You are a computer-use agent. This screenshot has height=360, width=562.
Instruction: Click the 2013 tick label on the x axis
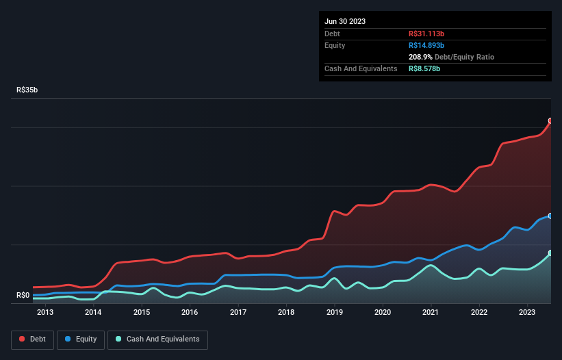pos(45,313)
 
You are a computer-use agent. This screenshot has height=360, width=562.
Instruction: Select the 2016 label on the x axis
pos(190,313)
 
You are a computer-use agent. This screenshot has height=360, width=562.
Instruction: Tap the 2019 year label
pos(335,313)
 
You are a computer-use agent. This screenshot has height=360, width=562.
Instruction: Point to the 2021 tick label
pos(431,313)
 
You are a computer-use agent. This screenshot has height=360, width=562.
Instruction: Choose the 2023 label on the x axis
pos(527,313)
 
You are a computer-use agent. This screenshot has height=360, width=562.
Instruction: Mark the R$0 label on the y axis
pos(23,296)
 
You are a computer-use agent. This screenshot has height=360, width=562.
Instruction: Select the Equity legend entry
pos(81,339)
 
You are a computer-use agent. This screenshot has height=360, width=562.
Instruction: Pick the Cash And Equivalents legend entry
pos(157,339)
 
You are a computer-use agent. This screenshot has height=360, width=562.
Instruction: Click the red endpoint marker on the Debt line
pos(550,121)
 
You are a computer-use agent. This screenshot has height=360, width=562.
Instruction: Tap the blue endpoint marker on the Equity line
pos(550,216)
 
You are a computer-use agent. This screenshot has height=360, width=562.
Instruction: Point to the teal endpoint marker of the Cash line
pos(550,253)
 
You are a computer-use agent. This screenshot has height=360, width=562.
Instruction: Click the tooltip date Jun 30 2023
pos(345,21)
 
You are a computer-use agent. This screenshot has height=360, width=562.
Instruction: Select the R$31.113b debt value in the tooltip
pos(426,34)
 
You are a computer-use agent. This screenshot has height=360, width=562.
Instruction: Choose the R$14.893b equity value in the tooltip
pos(426,45)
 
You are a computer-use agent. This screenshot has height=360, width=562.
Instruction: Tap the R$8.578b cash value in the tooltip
pos(424,68)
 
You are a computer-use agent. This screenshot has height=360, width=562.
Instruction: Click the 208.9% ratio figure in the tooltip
pos(422,57)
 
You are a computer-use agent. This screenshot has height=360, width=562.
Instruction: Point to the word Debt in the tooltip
pos(332,34)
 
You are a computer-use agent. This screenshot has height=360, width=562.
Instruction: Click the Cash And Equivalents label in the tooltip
pos(361,68)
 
